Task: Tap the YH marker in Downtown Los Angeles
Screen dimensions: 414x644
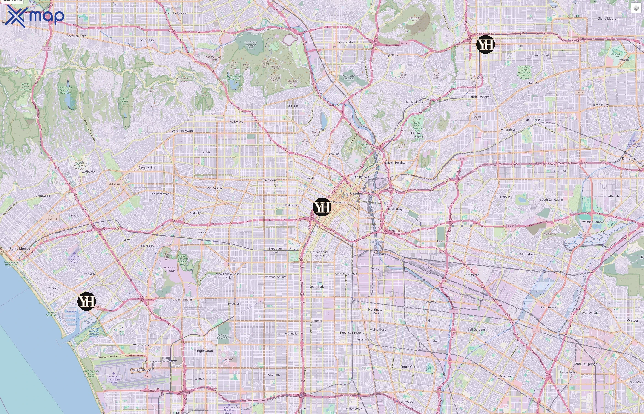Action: click(x=322, y=207)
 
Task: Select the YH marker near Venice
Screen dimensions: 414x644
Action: click(x=86, y=301)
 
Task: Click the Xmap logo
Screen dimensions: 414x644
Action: click(x=34, y=16)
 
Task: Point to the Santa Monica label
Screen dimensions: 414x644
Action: click(x=20, y=248)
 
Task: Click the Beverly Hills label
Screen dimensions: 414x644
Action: click(x=147, y=167)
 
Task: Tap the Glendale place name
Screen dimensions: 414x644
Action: click(x=346, y=42)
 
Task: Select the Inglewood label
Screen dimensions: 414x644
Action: click(x=204, y=351)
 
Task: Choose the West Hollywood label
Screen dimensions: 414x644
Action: click(x=183, y=131)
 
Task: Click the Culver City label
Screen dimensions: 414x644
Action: click(x=147, y=246)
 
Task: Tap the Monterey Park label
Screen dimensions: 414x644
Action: click(x=504, y=196)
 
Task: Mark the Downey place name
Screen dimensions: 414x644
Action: click(x=504, y=376)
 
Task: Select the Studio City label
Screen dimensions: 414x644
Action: click(x=147, y=40)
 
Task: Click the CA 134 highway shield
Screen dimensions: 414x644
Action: click(x=405, y=43)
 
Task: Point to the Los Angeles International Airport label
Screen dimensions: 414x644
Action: click(x=113, y=379)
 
